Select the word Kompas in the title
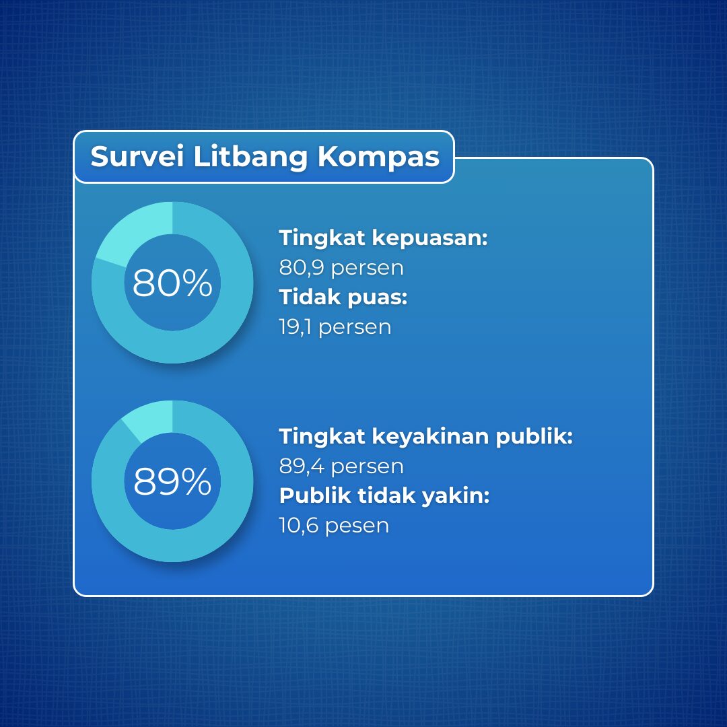(x=378, y=158)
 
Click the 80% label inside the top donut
(x=172, y=282)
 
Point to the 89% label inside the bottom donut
(x=172, y=481)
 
